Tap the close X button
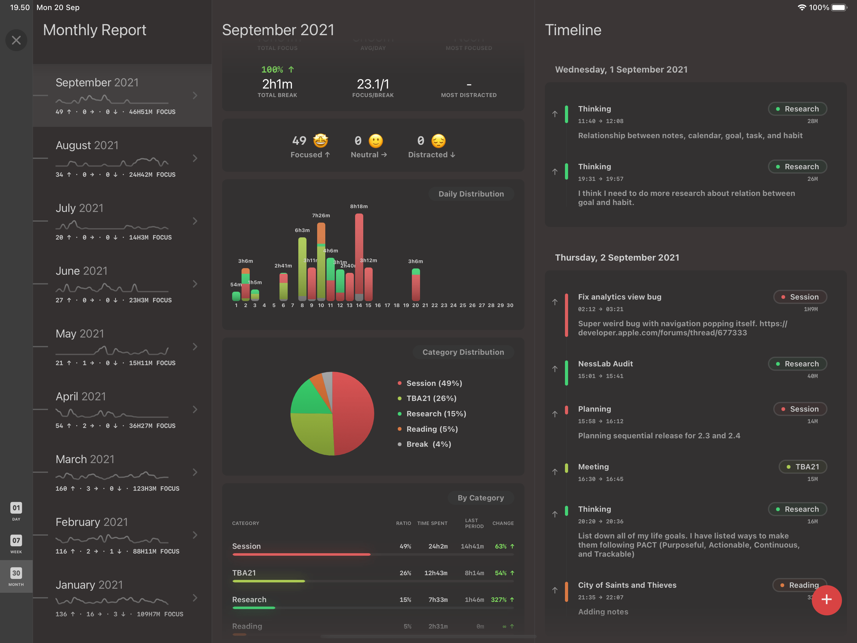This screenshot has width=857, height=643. point(16,40)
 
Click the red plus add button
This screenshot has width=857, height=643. point(826,600)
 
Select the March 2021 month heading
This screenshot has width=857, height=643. point(85,459)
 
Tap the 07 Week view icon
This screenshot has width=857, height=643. point(16,543)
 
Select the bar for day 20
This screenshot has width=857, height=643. point(415,285)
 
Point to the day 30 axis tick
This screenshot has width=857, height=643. point(510,305)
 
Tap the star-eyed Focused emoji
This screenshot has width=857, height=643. point(320,141)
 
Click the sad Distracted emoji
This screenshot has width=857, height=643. point(438,141)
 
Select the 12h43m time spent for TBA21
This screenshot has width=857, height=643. point(435,573)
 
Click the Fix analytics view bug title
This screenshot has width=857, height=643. point(619,297)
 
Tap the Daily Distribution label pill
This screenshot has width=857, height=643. point(471,194)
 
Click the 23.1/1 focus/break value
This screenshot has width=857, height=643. point(372,84)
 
